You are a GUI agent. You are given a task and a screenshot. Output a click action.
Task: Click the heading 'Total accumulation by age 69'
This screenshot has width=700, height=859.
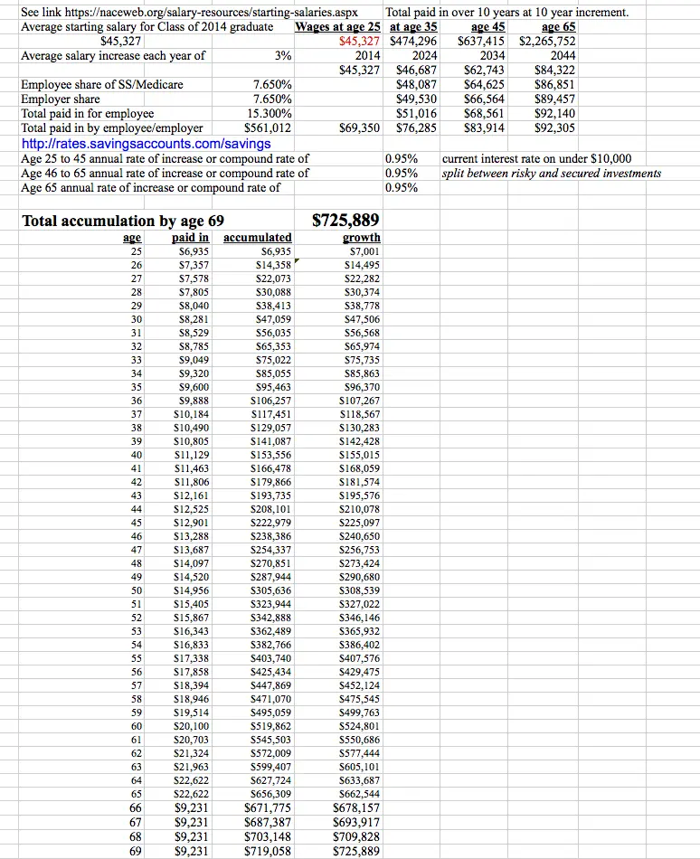pos(123,221)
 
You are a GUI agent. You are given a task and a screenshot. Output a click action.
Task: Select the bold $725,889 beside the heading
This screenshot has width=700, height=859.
pos(345,221)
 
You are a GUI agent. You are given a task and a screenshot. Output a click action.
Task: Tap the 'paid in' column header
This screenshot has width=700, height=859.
pos(191,237)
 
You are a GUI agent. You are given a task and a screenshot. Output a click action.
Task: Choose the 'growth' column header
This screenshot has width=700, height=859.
pos(362,237)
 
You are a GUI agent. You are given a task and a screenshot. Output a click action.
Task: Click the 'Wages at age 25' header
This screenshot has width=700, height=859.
pos(339,27)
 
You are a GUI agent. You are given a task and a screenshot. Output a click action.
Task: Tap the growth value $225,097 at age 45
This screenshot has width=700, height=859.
pos(360,522)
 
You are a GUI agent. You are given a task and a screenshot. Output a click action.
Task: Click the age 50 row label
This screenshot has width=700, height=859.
pos(137,590)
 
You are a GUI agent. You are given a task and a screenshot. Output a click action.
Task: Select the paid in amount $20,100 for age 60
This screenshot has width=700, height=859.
pos(192,725)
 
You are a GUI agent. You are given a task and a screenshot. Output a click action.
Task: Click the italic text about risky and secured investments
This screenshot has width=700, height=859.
pos(551,173)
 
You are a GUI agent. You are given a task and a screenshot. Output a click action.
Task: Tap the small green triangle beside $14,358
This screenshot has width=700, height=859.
pos(296,261)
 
